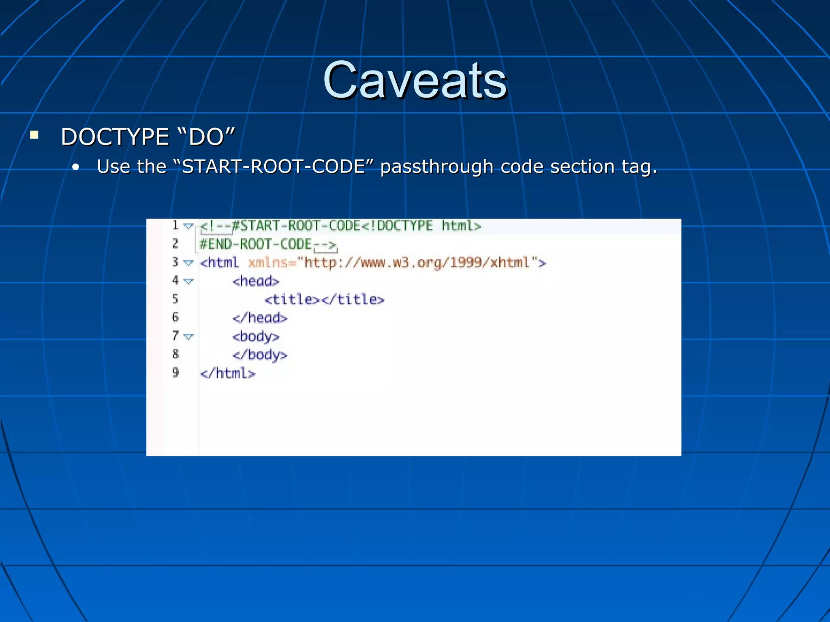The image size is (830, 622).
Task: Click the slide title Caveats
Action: (x=415, y=80)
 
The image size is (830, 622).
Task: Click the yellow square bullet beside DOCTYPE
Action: (x=34, y=135)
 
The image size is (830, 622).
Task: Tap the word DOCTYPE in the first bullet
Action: (x=115, y=137)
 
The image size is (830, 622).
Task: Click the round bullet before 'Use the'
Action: (x=76, y=167)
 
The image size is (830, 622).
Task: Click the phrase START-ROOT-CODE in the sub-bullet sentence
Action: (x=274, y=166)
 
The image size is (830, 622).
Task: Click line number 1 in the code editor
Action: (x=175, y=225)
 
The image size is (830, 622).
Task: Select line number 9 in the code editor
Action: (x=175, y=373)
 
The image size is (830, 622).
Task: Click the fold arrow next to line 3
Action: (x=188, y=263)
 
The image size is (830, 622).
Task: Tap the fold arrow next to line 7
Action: (x=188, y=337)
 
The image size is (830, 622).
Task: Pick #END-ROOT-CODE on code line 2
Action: (x=256, y=244)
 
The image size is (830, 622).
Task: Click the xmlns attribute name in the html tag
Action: (x=268, y=263)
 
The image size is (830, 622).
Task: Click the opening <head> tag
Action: (x=256, y=281)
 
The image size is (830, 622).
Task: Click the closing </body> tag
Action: (x=260, y=355)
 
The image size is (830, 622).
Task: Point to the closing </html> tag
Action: (x=227, y=373)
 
